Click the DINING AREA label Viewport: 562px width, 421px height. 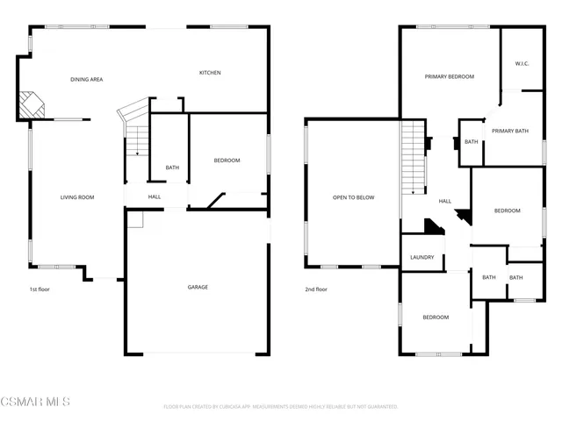click(87, 80)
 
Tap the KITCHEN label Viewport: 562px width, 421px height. click(209, 73)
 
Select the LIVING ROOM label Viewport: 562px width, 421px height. click(77, 197)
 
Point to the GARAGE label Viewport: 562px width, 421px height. click(198, 287)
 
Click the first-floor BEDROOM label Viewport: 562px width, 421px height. click(227, 161)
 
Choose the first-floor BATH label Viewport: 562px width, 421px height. click(172, 168)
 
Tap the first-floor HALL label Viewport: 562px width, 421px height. click(155, 196)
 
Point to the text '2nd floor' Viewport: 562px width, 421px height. click(316, 289)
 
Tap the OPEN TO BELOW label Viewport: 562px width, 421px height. click(353, 197)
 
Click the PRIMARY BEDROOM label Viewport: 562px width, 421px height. click(449, 77)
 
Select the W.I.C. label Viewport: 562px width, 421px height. click(522, 63)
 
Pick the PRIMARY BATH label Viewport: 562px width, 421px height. click(509, 132)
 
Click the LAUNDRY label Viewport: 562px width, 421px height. click(422, 257)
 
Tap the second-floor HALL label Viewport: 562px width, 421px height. click(445, 202)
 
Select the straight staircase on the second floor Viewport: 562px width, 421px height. click(414, 158)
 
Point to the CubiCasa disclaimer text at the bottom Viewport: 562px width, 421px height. click(280, 407)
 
